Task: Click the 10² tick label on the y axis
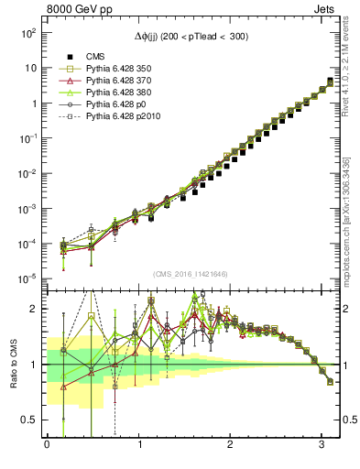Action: [x=28, y=32]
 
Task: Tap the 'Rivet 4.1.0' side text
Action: [x=346, y=69]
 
